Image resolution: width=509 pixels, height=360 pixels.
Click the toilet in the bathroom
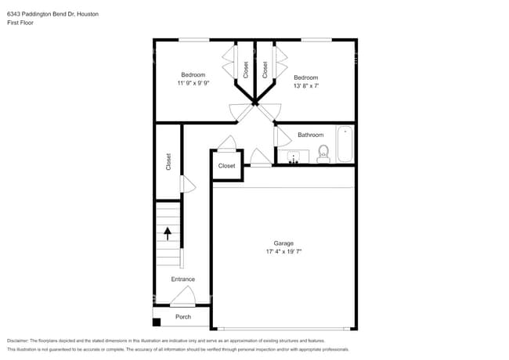pyautogui.click(x=323, y=154)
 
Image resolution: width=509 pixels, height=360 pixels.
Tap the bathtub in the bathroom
pyautogui.click(x=345, y=144)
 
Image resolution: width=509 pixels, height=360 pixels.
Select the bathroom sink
pyautogui.click(x=294, y=157)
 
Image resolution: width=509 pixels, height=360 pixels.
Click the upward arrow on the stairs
pyautogui.click(x=166, y=232)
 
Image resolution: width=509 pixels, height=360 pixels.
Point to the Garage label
pyautogui.click(x=283, y=243)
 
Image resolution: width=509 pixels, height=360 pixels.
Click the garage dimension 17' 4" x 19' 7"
pyautogui.click(x=283, y=252)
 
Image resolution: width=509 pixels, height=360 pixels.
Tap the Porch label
pyautogui.click(x=182, y=317)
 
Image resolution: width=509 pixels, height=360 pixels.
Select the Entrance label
pyautogui.click(x=183, y=279)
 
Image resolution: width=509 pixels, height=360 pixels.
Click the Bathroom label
pyautogui.click(x=310, y=135)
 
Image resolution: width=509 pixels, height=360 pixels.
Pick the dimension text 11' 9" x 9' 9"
pyautogui.click(x=193, y=83)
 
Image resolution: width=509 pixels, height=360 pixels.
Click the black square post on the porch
pyautogui.click(x=157, y=322)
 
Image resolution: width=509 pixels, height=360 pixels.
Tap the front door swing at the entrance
pyautogui.click(x=182, y=296)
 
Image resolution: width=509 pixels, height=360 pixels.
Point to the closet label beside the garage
pyautogui.click(x=227, y=166)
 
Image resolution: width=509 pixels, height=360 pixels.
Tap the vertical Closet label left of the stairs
pyautogui.click(x=168, y=161)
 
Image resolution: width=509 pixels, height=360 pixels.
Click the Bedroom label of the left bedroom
pyautogui.click(x=193, y=74)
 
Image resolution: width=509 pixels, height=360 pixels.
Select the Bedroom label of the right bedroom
pyautogui.click(x=306, y=77)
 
